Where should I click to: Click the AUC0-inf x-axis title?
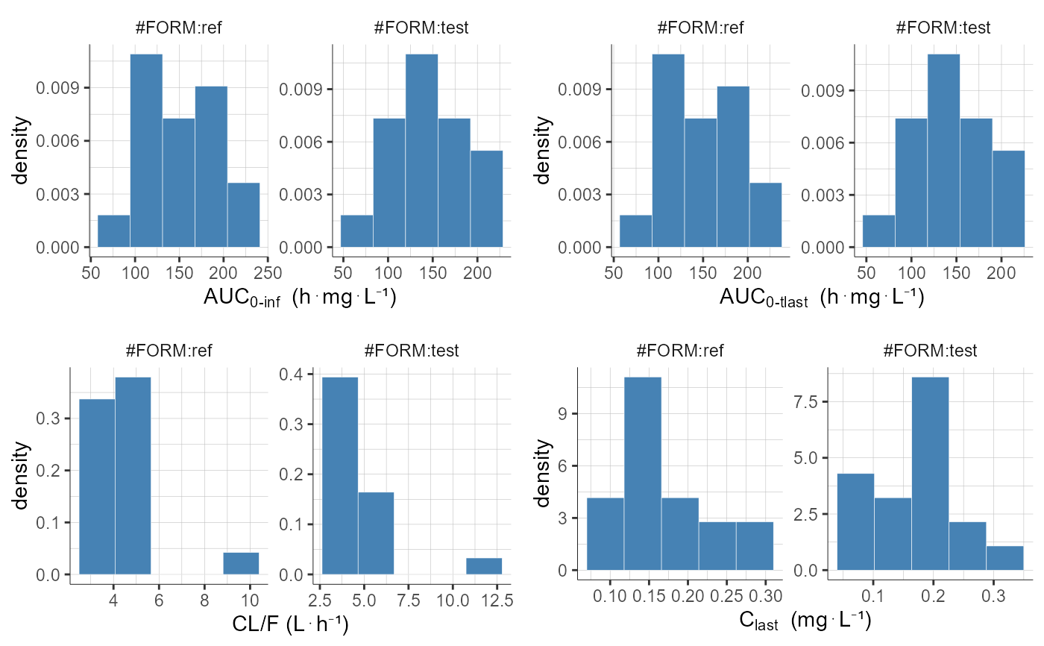[299, 298]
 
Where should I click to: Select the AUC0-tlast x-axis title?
[822, 298]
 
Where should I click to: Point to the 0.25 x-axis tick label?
[726, 600]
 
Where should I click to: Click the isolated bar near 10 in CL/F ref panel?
[241, 563]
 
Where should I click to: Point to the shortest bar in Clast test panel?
[1004, 558]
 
